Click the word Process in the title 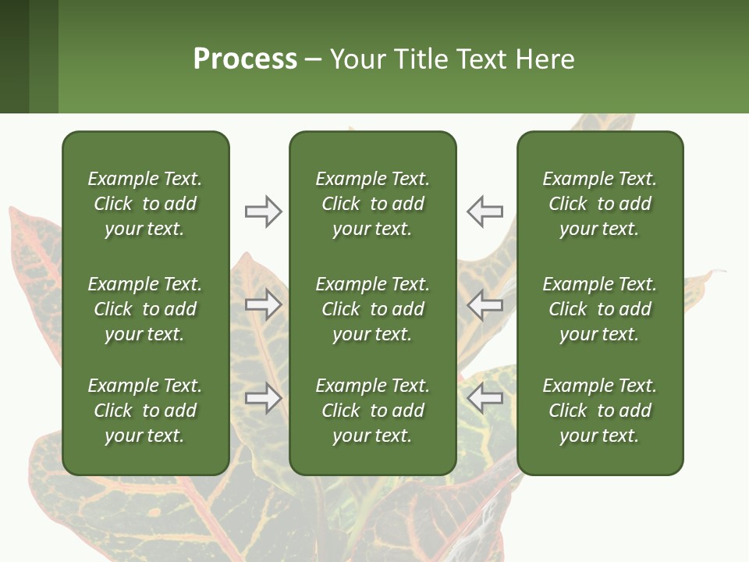[245, 59]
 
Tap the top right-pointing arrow [263, 212]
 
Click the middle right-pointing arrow [263, 304]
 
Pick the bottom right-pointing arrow [263, 398]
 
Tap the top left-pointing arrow [485, 212]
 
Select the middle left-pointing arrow [485, 304]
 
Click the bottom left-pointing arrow [485, 398]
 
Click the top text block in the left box [145, 204]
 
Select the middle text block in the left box [145, 309]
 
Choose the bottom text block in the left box [145, 411]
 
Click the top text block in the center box [372, 204]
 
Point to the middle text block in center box [372, 309]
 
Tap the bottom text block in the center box [372, 411]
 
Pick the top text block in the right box [599, 204]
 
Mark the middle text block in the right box [599, 309]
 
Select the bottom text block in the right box [599, 411]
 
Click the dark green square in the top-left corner [14, 56]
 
